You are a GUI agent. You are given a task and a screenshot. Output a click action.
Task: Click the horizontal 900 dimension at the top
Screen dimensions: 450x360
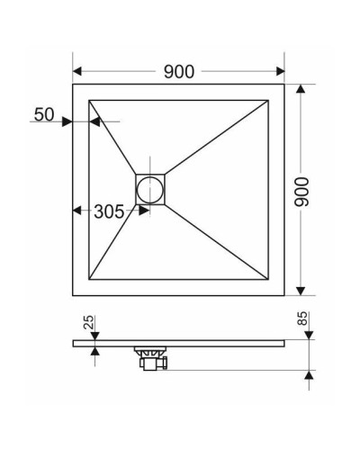pos(180,71)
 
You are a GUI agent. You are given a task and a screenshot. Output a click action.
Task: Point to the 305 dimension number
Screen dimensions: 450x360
pos(108,211)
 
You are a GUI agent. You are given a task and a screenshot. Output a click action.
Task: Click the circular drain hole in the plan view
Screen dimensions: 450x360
pos(148,189)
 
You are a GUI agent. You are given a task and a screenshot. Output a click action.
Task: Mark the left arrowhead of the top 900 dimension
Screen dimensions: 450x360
pos(77,71)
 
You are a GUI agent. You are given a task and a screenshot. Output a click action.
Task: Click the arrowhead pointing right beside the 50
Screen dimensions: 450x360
pos(67,121)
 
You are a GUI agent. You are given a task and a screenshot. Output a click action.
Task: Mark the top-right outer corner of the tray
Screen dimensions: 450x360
pos(285,85)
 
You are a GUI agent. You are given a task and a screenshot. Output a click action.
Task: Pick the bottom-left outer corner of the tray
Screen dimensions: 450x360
pos(73,295)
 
